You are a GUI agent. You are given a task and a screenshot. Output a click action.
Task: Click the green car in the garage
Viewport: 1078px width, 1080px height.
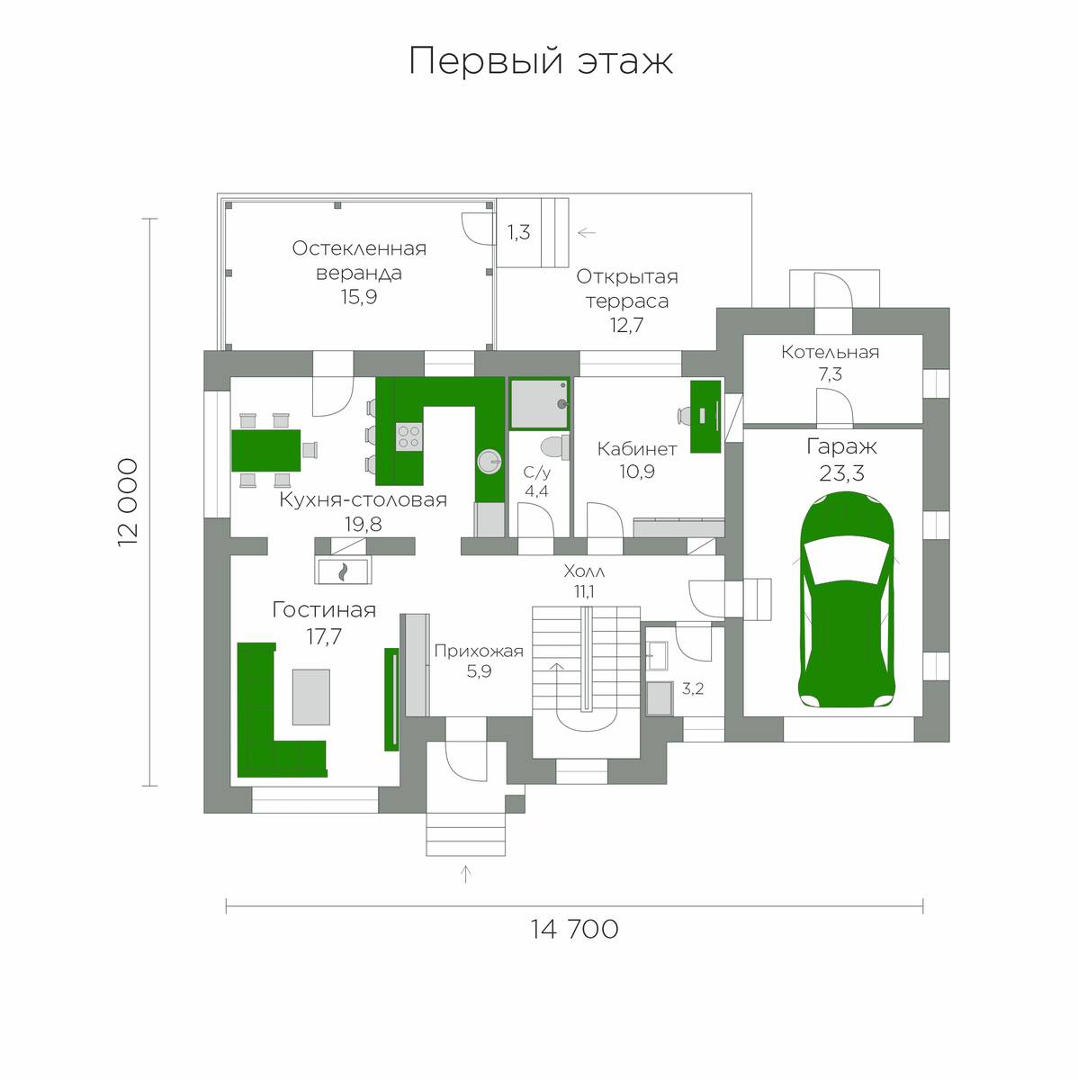click(846, 599)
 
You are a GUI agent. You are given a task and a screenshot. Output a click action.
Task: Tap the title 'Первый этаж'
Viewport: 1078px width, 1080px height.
click(541, 61)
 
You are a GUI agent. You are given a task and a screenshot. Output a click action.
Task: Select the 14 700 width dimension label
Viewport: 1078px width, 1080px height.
click(575, 929)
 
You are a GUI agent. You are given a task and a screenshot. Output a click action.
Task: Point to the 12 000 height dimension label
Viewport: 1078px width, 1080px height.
click(128, 502)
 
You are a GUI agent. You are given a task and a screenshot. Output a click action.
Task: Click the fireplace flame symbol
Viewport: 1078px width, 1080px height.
click(342, 571)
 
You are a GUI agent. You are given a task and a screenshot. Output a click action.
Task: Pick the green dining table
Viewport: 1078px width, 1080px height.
click(266, 450)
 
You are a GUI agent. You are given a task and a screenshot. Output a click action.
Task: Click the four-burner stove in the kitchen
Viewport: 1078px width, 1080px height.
click(409, 437)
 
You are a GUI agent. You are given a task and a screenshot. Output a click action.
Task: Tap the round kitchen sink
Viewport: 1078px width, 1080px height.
click(490, 463)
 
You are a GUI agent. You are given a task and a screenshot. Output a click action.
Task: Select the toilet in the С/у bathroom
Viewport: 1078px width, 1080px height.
click(555, 448)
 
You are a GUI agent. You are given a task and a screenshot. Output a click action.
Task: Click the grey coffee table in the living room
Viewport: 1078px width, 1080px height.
click(311, 697)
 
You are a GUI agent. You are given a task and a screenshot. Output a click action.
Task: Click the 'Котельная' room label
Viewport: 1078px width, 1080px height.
click(831, 352)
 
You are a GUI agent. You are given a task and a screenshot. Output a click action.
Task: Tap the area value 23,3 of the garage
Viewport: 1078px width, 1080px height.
click(841, 473)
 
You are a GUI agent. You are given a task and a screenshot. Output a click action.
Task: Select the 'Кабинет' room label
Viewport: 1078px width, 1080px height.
click(637, 448)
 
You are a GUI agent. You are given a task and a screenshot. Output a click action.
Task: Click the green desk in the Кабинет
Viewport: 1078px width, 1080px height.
click(705, 417)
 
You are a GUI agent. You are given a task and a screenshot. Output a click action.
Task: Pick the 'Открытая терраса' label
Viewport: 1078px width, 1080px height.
click(627, 288)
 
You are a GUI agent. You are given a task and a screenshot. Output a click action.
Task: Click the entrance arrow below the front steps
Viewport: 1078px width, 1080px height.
click(465, 874)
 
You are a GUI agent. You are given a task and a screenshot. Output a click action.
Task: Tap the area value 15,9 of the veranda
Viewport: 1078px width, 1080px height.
click(359, 296)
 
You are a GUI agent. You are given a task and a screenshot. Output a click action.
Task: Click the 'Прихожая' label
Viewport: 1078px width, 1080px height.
click(479, 651)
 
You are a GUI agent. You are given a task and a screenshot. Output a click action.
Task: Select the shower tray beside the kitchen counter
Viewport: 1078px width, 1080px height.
click(539, 403)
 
